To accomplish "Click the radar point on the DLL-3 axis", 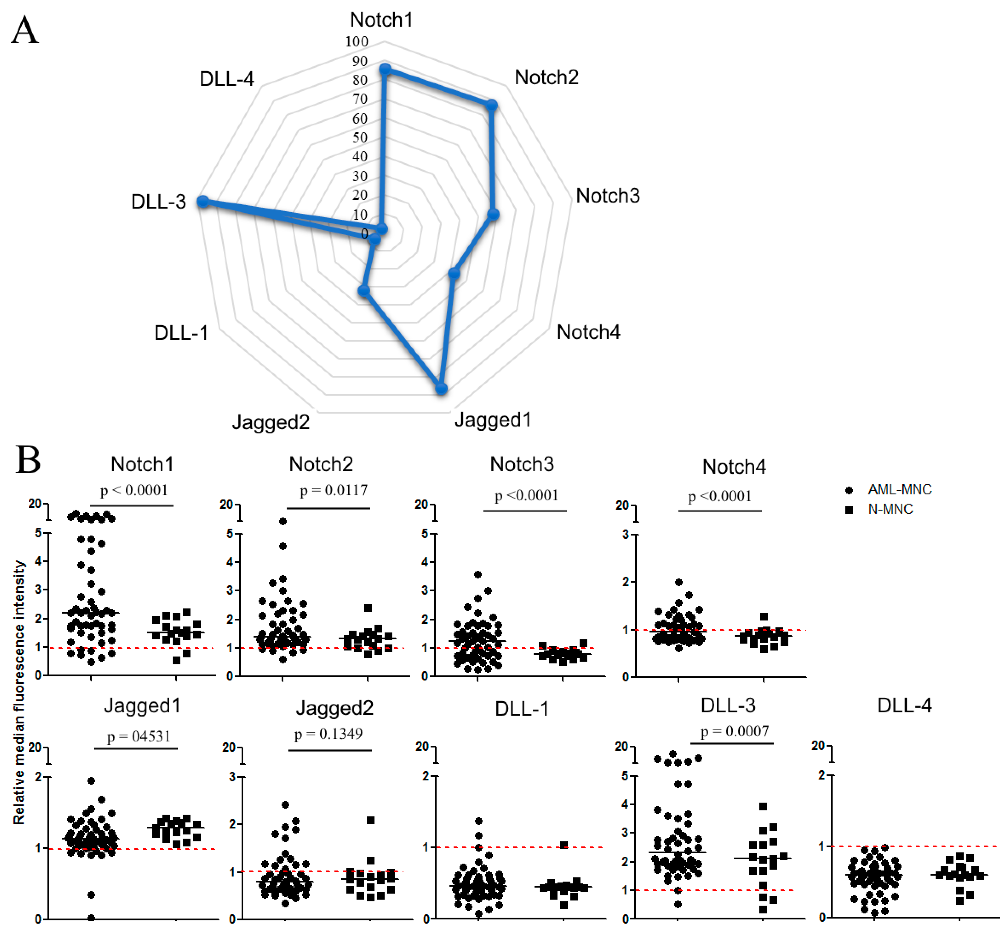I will (203, 202).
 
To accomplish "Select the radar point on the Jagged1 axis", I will (441, 388).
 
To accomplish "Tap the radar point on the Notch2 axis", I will (492, 105).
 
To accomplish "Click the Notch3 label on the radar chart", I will (608, 196).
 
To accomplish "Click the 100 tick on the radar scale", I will (357, 41).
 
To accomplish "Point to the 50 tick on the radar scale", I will (360, 138).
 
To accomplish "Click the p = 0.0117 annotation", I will (333, 490).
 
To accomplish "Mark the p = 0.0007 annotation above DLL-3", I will (735, 731).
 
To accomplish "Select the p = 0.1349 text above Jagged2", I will (328, 734).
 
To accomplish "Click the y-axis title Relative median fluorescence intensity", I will (19, 693).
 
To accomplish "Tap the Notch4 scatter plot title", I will (734, 467).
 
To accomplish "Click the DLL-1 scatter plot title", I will (521, 709).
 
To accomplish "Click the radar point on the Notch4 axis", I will (454, 274).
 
